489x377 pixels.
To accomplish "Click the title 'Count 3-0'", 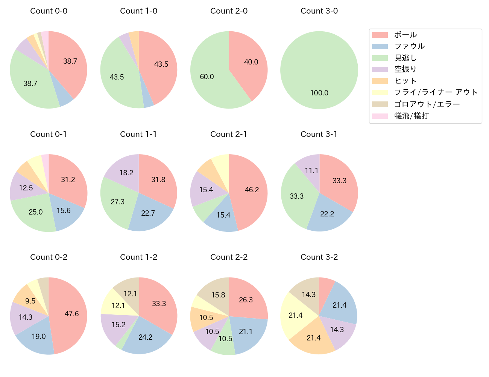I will [x=319, y=11].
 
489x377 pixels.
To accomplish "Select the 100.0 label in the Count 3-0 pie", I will [x=319, y=93].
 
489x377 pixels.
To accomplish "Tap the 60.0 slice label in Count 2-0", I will [x=207, y=77].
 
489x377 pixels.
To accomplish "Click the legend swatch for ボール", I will [x=380, y=35].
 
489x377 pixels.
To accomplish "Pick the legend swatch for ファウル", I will [x=380, y=46].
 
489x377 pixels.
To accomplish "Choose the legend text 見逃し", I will [x=405, y=58].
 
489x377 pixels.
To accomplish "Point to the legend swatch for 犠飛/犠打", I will [x=380, y=116].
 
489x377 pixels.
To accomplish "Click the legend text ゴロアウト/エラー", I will [x=427, y=104].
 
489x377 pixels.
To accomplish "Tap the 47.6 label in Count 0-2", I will [x=71, y=314].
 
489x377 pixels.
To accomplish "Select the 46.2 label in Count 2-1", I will [x=252, y=190].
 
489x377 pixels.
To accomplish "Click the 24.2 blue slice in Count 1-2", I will [x=145, y=337].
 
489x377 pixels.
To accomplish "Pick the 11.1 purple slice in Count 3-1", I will [x=311, y=170].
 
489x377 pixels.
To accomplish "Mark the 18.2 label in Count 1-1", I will [x=126, y=173].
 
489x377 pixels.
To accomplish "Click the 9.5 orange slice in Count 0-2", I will [x=30, y=301].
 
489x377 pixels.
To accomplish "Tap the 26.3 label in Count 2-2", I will [x=246, y=300].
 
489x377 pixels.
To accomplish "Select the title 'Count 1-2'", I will [x=138, y=257].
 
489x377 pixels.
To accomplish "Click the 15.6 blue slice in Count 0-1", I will [x=64, y=210].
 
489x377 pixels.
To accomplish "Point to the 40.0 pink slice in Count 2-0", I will [x=251, y=62].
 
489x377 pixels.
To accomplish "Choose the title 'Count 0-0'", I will [x=49, y=11].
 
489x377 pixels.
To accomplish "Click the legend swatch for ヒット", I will [x=380, y=81].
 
